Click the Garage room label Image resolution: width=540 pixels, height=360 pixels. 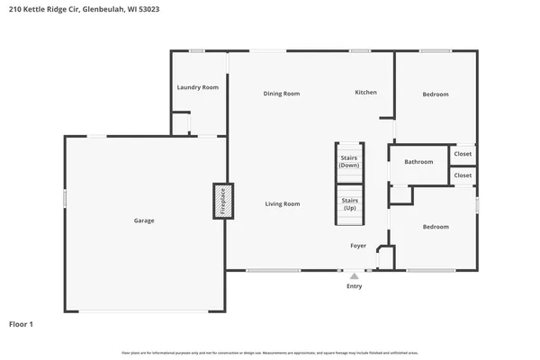tap(144, 220)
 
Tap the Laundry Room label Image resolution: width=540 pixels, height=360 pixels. tap(197, 87)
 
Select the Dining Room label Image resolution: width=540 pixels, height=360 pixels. tap(281, 94)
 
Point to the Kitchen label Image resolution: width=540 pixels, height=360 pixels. tap(365, 93)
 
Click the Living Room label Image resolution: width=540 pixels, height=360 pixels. tap(282, 204)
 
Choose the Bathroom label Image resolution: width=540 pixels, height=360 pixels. tap(418, 162)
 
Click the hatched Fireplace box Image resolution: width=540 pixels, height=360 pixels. tap(222, 202)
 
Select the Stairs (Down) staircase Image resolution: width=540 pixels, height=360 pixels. tap(349, 162)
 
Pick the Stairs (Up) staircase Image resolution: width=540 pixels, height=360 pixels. tap(349, 204)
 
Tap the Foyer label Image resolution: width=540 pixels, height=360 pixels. tap(358, 246)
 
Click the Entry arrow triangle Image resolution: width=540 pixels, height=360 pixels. tap(355, 276)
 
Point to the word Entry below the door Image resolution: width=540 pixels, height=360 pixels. tap(355, 287)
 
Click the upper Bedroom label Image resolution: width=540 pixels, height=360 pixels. tap(436, 94)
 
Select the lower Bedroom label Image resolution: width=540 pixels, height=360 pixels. tap(436, 227)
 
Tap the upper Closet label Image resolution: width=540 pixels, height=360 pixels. tap(463, 154)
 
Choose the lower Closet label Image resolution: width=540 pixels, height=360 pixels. tap(463, 175)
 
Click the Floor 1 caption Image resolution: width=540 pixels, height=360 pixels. tap(22, 323)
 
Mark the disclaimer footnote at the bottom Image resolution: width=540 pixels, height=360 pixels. tap(270, 352)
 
